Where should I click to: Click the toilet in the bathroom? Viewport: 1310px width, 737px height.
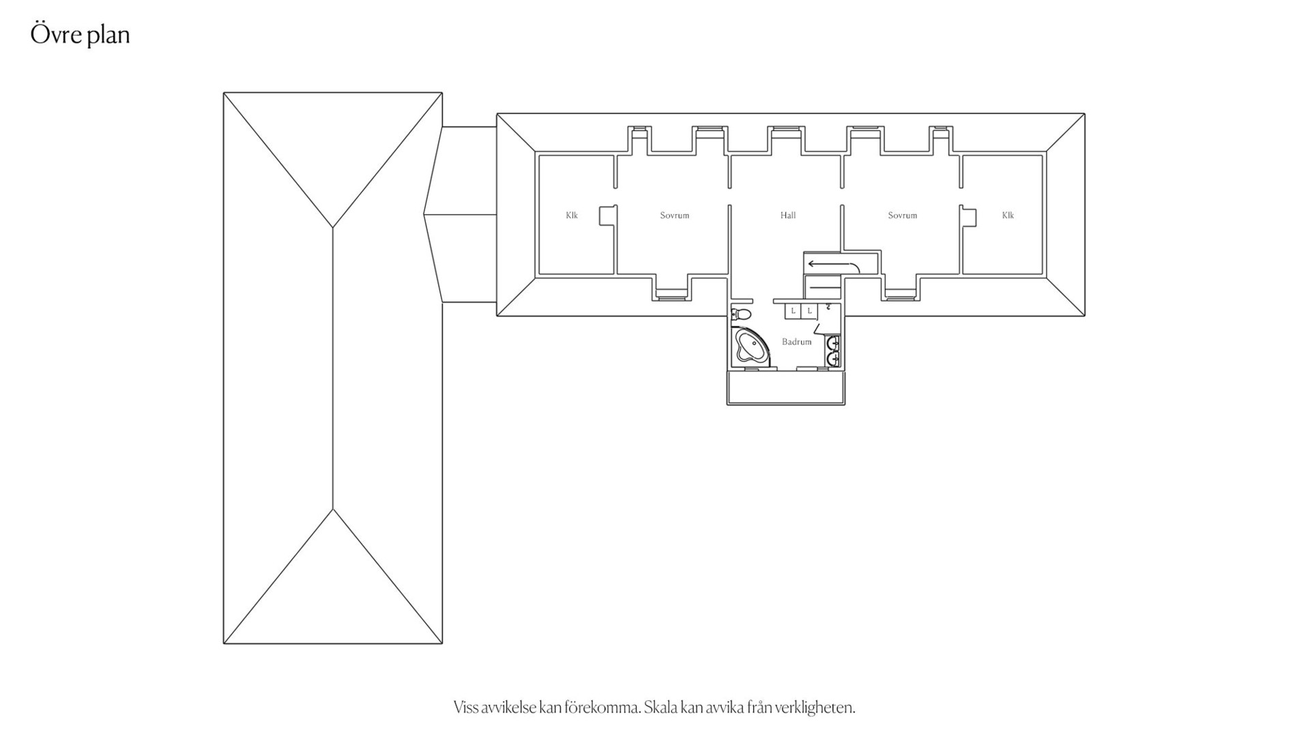pyautogui.click(x=741, y=314)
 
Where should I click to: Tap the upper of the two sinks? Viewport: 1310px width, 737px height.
pyautogui.click(x=833, y=343)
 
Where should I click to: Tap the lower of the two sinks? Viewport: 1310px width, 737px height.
pyautogui.click(x=833, y=358)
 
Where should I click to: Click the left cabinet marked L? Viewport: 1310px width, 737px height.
pyautogui.click(x=793, y=311)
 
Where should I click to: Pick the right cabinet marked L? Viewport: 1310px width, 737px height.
pyautogui.click(x=809, y=311)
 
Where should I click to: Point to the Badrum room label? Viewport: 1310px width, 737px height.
pyautogui.click(x=796, y=342)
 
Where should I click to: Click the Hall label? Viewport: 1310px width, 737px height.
pyautogui.click(x=788, y=216)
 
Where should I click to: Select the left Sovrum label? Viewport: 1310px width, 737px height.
pyautogui.click(x=674, y=216)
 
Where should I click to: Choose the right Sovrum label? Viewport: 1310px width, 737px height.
pyautogui.click(x=902, y=216)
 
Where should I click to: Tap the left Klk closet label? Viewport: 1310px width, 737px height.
pyautogui.click(x=572, y=216)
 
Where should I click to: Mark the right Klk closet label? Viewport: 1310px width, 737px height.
pyautogui.click(x=1008, y=216)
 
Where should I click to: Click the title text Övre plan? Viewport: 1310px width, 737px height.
pyautogui.click(x=81, y=35)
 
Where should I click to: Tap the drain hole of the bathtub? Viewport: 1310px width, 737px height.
pyautogui.click(x=742, y=354)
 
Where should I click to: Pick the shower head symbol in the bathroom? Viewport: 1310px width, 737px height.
pyautogui.click(x=828, y=306)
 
